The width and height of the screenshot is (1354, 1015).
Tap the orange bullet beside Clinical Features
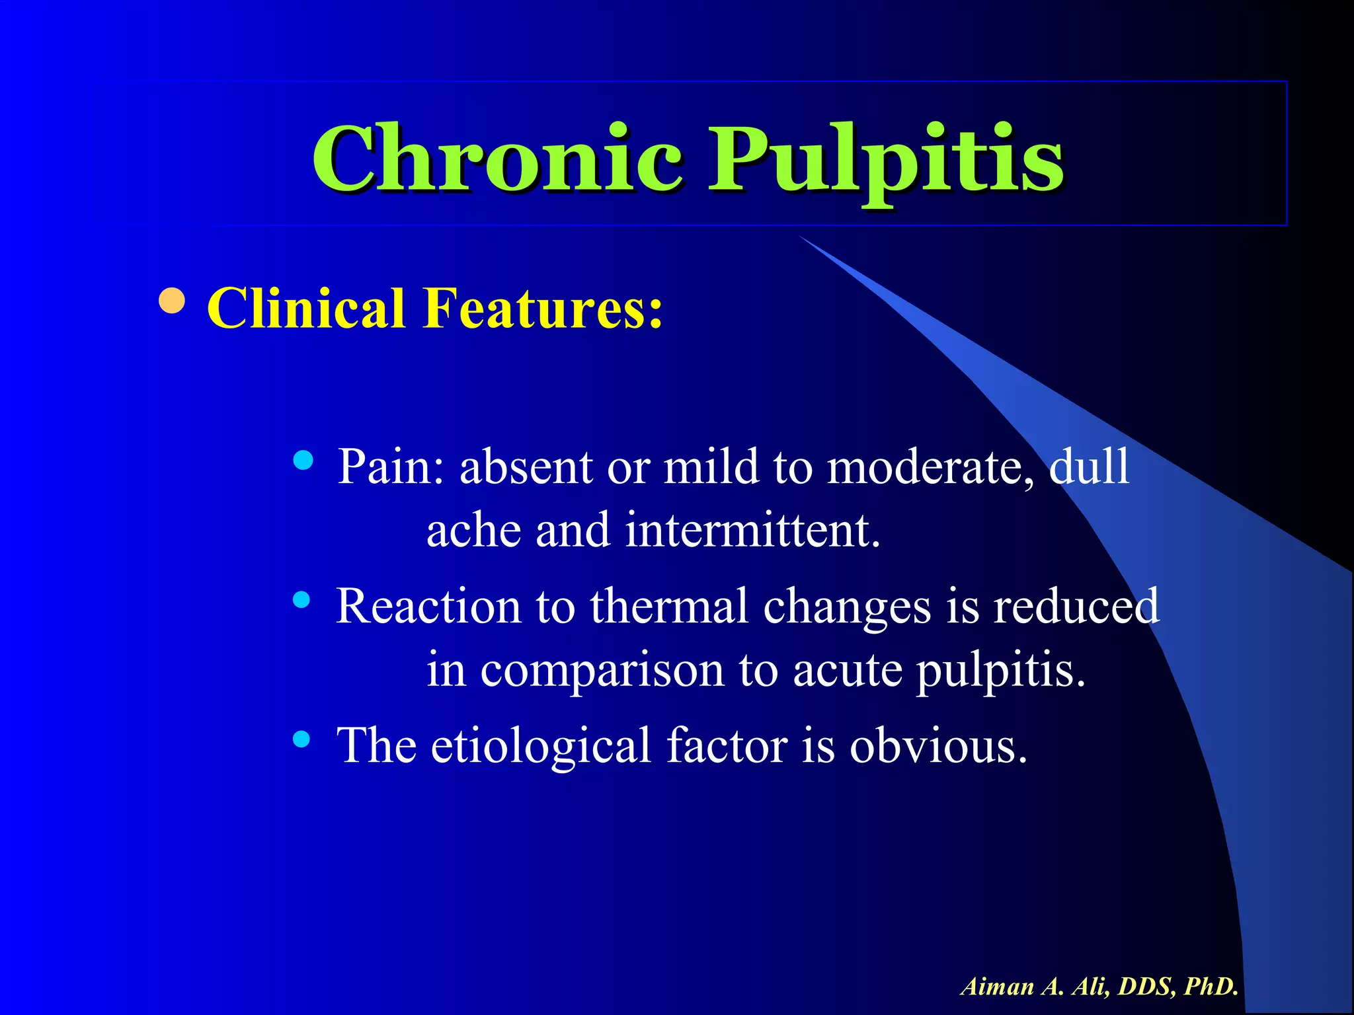coord(173,301)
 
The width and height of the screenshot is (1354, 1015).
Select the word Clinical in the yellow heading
coord(305,308)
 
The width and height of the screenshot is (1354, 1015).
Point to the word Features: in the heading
coord(542,308)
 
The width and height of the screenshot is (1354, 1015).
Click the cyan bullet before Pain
coord(303,460)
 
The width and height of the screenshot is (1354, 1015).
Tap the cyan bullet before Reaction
coord(301,599)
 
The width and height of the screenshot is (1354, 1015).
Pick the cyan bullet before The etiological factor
coord(301,738)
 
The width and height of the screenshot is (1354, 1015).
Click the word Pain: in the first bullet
coord(391,467)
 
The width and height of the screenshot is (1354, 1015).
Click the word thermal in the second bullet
coord(668,606)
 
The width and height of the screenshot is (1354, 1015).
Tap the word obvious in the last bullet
coord(938,745)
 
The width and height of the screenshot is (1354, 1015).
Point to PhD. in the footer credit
coord(1211,986)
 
